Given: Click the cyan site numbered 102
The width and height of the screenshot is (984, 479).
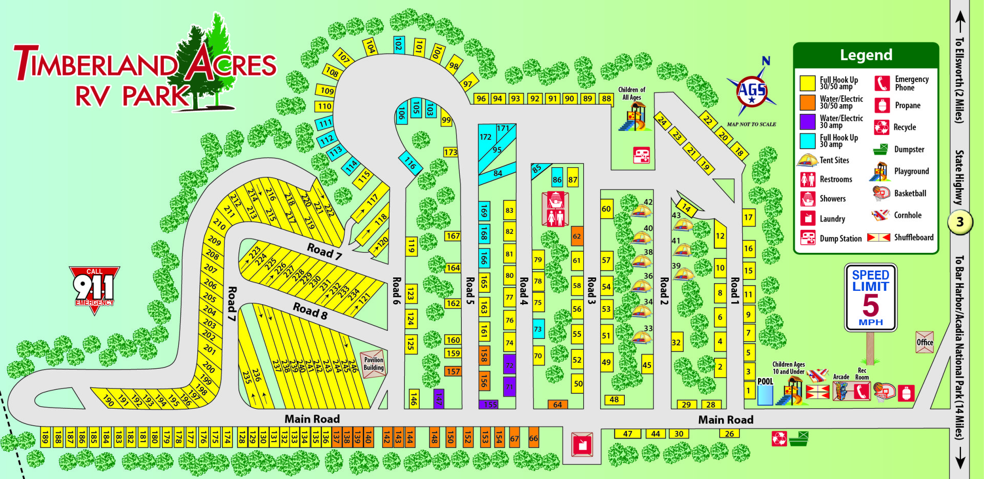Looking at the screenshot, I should click(398, 44).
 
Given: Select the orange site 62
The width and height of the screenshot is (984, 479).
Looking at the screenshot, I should click(577, 236).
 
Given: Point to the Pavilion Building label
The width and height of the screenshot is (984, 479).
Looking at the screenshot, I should click(374, 364).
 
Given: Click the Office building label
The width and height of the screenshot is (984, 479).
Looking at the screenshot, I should click(925, 342).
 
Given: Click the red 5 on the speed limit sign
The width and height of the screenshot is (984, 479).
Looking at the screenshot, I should click(871, 306).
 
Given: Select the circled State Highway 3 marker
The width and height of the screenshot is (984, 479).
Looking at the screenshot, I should click(960, 222).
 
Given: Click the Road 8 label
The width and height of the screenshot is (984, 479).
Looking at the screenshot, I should click(310, 311).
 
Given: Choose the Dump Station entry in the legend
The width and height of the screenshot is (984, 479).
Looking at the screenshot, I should click(840, 238).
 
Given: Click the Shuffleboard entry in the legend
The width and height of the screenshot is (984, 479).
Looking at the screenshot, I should click(913, 237).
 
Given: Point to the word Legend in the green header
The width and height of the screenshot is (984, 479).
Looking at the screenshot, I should click(866, 55).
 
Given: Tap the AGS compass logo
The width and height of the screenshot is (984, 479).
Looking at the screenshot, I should click(751, 91).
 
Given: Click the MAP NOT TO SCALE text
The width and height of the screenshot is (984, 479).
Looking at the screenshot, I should click(751, 124).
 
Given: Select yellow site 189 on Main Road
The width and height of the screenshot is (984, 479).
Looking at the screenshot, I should click(45, 437).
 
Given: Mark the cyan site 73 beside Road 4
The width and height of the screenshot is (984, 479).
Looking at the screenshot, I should click(538, 329).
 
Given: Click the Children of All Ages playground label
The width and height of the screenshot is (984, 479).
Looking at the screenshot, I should click(631, 93).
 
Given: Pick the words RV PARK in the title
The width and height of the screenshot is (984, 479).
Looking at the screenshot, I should click(132, 96).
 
